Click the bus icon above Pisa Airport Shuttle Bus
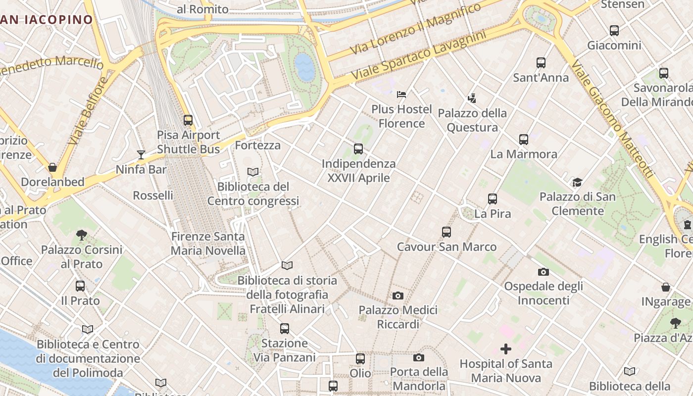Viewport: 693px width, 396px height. pos(188,120)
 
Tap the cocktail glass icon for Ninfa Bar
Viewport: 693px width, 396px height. pos(141,155)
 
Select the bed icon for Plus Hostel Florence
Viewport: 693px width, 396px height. pos(401,94)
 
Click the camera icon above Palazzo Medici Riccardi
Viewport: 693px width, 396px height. pos(397,296)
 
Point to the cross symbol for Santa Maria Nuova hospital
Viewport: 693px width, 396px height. pos(505,349)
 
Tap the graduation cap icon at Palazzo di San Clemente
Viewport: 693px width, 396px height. pos(577,182)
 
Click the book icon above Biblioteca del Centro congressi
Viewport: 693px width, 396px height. pos(253,172)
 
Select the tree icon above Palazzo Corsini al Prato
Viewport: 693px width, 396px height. pos(82,235)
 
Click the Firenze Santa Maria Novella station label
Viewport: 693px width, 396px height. pos(208,244)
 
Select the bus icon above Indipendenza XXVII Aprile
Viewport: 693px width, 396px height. pos(358,148)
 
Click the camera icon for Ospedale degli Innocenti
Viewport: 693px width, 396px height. pos(544,272)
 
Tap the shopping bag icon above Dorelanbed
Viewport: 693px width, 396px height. pos(52,167)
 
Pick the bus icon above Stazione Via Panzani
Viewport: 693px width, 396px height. pos(284,328)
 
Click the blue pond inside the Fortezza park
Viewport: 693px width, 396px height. pos(304,67)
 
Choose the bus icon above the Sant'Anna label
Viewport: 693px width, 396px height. pos(541,63)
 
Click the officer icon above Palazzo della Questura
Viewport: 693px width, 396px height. pos(472,98)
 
